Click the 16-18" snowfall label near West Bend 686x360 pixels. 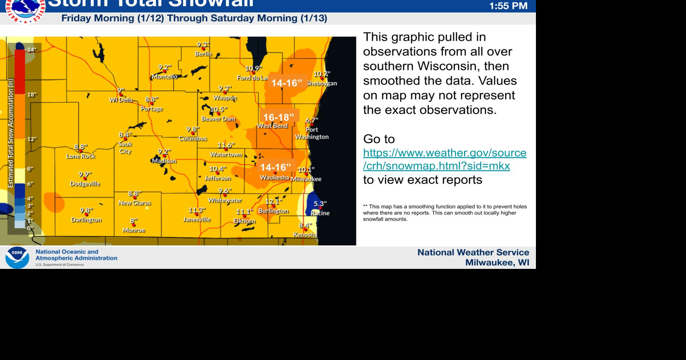[x=279, y=117]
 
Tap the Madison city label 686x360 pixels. [x=164, y=161]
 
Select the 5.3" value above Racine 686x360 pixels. [x=320, y=204]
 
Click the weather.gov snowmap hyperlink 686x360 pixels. [x=444, y=159]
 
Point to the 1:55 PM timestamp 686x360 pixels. [x=508, y=6]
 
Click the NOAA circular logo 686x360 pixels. [x=17, y=258]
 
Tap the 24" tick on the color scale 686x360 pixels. [x=31, y=50]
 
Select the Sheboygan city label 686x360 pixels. [x=322, y=84]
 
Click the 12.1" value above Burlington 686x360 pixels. [x=274, y=201]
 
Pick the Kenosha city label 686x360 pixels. [x=305, y=234]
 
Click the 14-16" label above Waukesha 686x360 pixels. [x=276, y=167]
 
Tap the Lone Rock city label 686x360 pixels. [x=81, y=156]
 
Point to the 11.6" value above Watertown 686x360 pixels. [x=226, y=145]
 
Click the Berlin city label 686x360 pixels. [x=203, y=54]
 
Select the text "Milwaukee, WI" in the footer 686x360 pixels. [x=497, y=263]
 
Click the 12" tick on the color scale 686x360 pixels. [x=31, y=139]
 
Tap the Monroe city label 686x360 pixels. [x=134, y=230]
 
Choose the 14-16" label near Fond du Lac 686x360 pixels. [x=287, y=83]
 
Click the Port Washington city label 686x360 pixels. [x=312, y=133]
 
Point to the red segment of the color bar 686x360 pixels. [x=20, y=71]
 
